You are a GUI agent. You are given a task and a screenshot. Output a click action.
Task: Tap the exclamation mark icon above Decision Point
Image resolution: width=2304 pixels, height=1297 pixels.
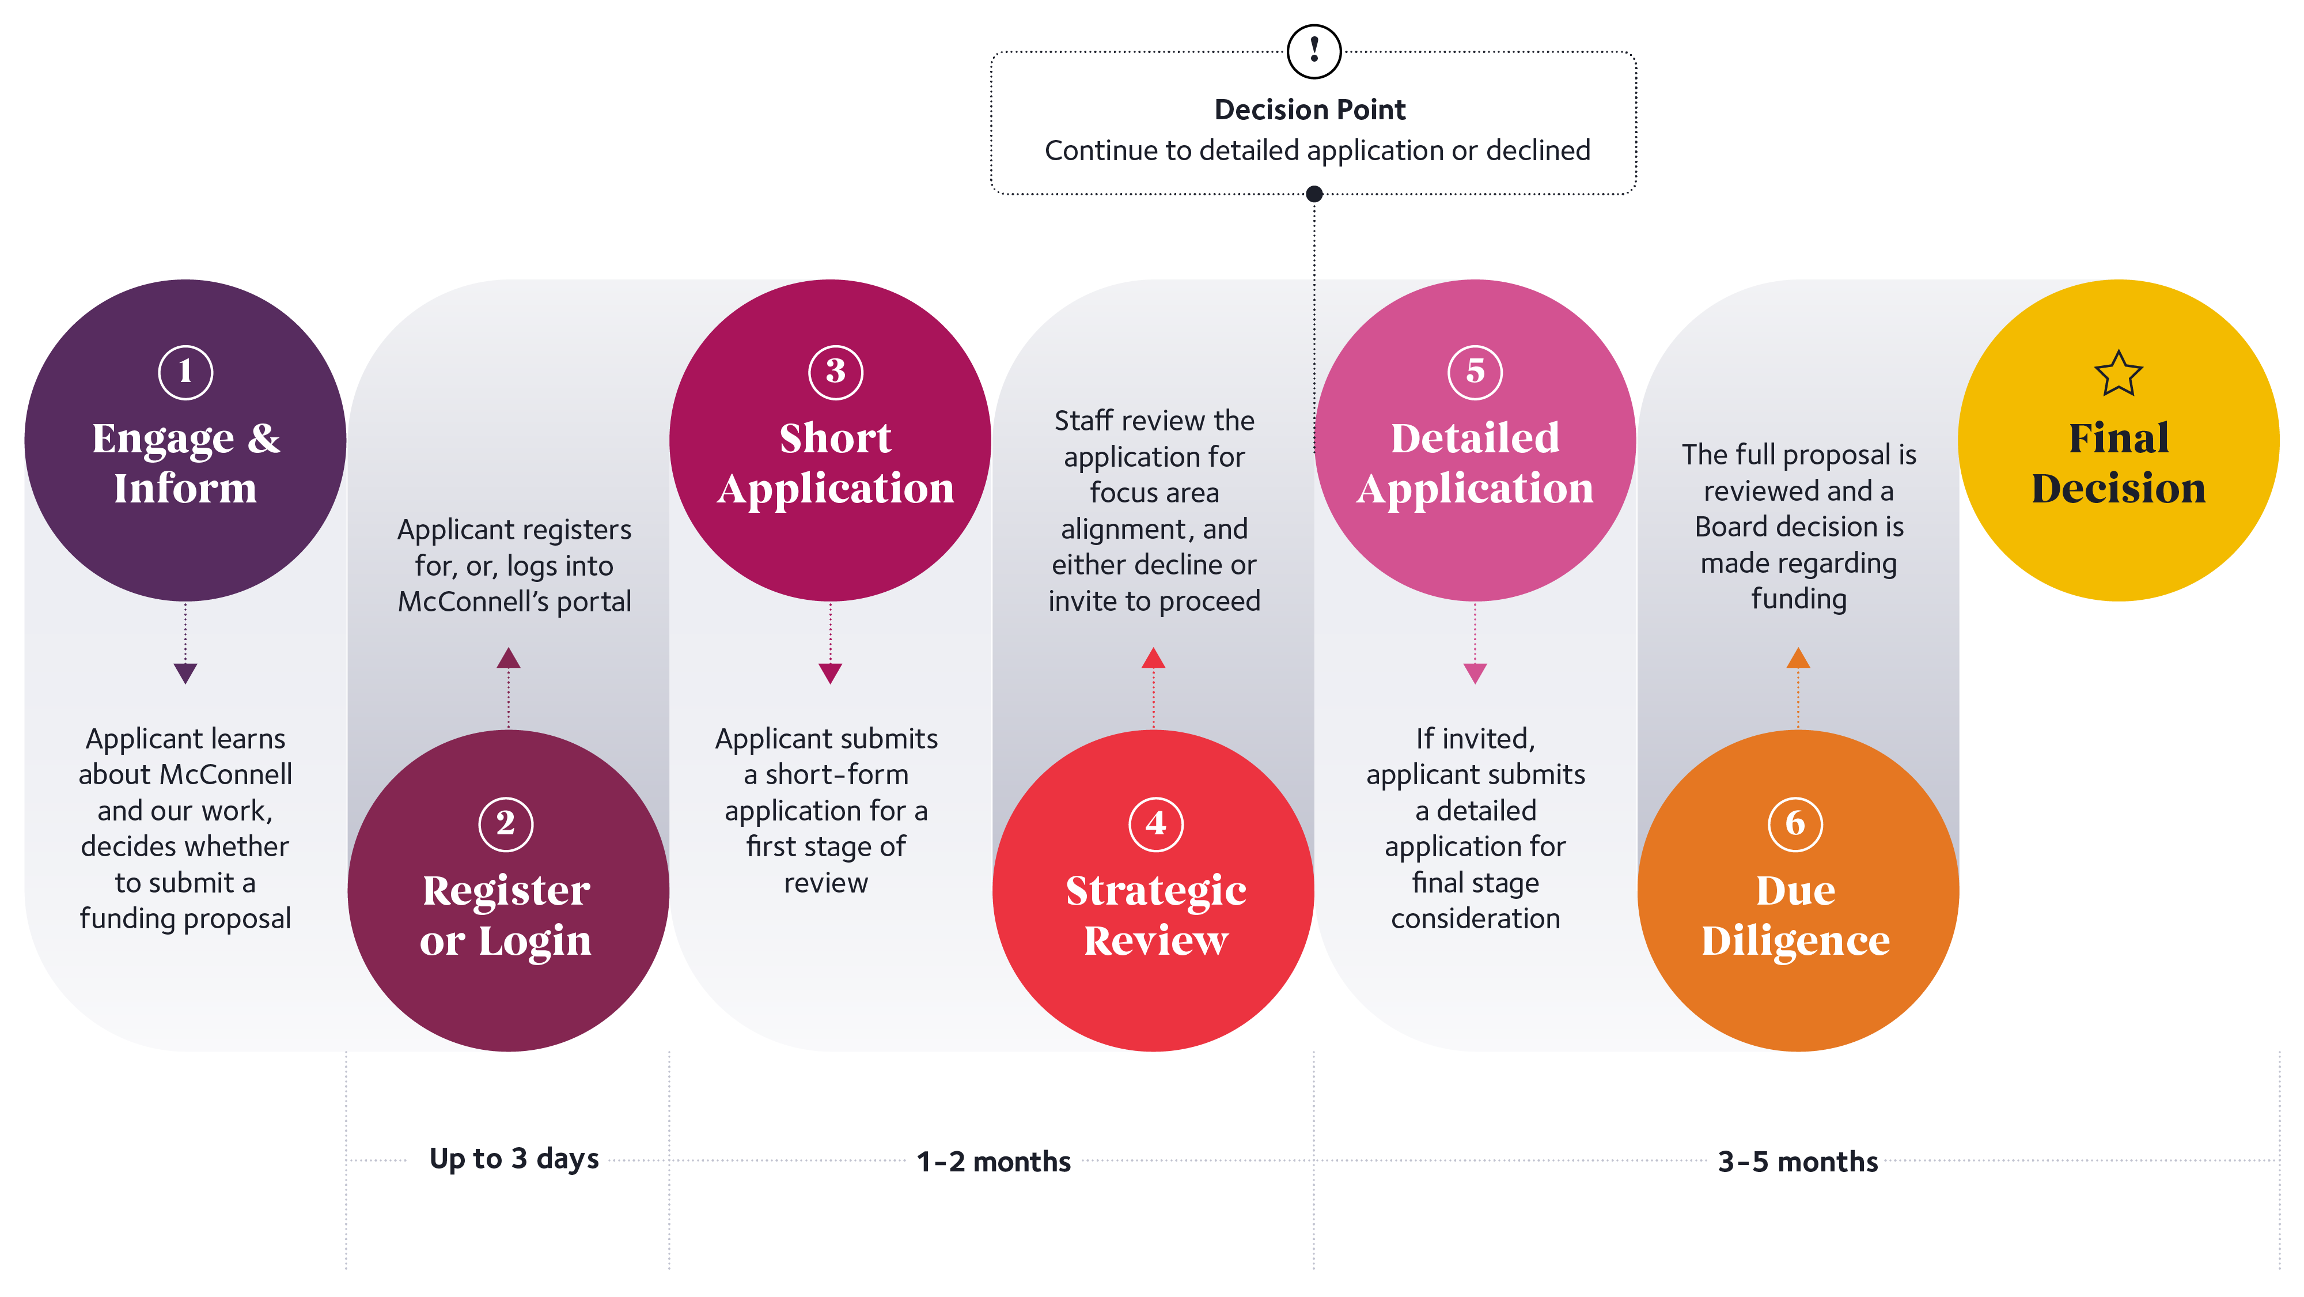[1313, 51]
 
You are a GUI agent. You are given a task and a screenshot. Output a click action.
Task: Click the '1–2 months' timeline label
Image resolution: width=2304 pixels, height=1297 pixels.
[993, 1161]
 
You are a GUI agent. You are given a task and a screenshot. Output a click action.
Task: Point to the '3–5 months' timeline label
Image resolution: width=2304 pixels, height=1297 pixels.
[1798, 1161]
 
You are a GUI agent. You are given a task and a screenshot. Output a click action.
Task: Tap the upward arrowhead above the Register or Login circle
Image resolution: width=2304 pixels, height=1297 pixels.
[508, 659]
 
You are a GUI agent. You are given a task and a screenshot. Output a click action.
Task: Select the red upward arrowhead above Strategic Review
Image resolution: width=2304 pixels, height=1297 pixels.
[1153, 659]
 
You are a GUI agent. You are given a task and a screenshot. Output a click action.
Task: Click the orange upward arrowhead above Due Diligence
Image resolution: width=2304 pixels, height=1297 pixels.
[1798, 659]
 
